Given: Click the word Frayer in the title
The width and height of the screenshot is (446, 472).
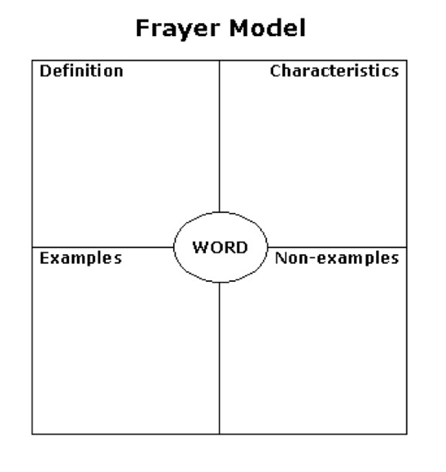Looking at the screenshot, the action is tap(178, 29).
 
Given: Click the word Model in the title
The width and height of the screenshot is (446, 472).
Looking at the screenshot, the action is tap(268, 28).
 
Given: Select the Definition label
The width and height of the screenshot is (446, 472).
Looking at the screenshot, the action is tap(81, 71).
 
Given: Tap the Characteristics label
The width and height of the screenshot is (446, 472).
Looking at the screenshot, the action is tap(334, 71).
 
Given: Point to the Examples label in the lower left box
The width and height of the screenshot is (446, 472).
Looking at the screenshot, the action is tap(80, 259).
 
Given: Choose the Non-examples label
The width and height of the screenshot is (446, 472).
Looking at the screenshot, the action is tap(337, 259).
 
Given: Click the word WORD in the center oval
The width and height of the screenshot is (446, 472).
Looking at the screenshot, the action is tap(221, 247).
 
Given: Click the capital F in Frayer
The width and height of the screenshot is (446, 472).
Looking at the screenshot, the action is tap(143, 28).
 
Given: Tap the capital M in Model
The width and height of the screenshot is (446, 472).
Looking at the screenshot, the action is tap(239, 28).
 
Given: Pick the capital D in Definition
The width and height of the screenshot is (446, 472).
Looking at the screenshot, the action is tap(45, 71).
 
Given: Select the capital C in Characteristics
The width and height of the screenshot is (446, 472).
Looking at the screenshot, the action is tap(275, 71).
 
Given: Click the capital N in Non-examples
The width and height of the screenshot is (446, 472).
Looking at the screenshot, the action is tap(280, 258).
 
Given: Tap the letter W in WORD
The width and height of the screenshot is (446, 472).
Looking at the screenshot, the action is tap(200, 247).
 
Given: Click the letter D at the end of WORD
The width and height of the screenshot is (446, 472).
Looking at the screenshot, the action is tap(242, 247).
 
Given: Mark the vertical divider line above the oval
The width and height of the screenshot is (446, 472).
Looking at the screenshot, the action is tap(220, 136).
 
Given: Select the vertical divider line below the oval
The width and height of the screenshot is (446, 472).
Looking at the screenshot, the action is tap(220, 358).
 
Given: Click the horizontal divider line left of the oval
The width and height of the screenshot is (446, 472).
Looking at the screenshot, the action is tap(103, 247).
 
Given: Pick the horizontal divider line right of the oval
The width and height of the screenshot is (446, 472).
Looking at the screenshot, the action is tap(337, 247).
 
